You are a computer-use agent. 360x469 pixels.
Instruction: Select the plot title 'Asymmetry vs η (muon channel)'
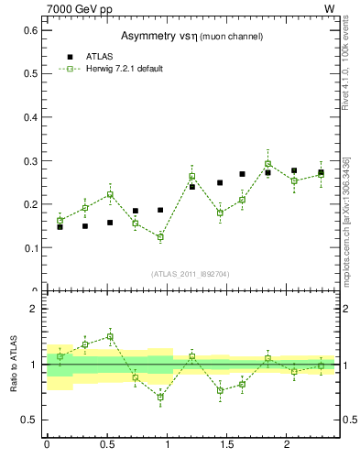pyautogui.click(x=191, y=36)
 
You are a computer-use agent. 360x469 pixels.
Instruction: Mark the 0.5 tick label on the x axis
pyautogui.click(x=106, y=444)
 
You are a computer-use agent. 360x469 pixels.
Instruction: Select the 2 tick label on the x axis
pyautogui.click(x=288, y=444)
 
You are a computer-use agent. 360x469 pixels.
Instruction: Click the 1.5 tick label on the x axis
pyautogui.click(x=227, y=444)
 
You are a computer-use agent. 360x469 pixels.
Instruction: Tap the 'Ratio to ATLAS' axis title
pyautogui.click(x=15, y=364)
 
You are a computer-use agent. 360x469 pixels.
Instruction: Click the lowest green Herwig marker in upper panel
pyautogui.click(x=160, y=237)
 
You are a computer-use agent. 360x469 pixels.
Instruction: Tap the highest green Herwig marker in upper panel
pyautogui.click(x=268, y=164)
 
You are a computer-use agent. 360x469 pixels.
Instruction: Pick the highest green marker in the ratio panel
pyautogui.click(x=110, y=336)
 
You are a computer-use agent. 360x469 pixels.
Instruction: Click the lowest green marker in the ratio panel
pyautogui.click(x=160, y=397)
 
